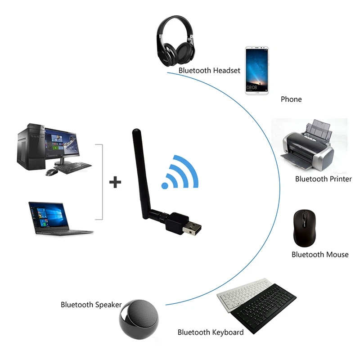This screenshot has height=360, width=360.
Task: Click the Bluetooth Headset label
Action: pyautogui.click(x=209, y=71)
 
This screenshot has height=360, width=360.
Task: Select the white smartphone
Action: pyautogui.click(x=256, y=70)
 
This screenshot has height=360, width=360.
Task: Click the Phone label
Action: pyautogui.click(x=291, y=99)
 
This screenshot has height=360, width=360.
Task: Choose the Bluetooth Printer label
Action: pyautogui.click(x=323, y=179)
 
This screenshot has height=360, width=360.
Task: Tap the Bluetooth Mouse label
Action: pyautogui.click(x=320, y=255)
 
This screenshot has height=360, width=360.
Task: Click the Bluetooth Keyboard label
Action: pyautogui.click(x=211, y=333)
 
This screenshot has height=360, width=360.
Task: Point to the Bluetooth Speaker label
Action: pyautogui.click(x=91, y=305)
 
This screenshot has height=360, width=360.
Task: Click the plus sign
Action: pyautogui.click(x=116, y=182)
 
